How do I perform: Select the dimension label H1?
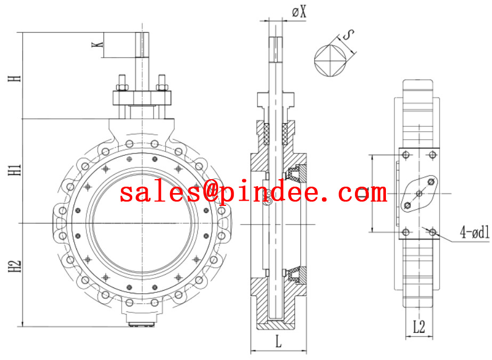(18, 170)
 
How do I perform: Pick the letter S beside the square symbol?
(348, 36)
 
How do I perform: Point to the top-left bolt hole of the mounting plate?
(407, 155)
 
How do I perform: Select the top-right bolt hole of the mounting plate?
(432, 155)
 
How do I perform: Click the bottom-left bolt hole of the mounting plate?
(407, 231)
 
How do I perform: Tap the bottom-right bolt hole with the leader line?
(432, 231)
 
